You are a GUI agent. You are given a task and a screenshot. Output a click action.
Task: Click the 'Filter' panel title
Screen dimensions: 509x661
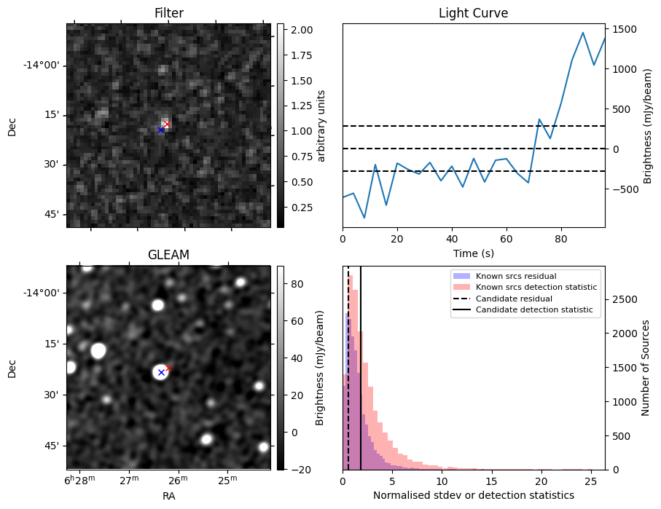[x=168, y=13]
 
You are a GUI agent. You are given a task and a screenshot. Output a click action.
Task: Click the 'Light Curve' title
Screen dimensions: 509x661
[x=473, y=13]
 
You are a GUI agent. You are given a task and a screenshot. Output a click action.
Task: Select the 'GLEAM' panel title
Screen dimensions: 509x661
[x=168, y=255]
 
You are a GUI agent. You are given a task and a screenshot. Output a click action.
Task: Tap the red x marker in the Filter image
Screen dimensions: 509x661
[x=167, y=124]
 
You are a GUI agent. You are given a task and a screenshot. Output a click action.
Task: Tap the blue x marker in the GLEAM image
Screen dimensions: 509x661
[x=161, y=372]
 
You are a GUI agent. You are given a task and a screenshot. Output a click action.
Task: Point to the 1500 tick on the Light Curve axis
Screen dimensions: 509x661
[x=627, y=29]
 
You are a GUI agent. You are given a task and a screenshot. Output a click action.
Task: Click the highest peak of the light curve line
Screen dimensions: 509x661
[x=583, y=33]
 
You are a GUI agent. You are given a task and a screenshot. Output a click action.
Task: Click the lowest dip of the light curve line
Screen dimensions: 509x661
[x=364, y=218]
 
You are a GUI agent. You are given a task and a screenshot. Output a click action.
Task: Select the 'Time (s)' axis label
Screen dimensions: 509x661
[x=473, y=252]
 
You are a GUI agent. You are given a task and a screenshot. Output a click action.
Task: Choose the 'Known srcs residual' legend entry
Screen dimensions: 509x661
[x=516, y=276]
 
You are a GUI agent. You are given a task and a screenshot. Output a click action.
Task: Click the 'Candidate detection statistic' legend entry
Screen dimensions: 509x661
[x=533, y=310]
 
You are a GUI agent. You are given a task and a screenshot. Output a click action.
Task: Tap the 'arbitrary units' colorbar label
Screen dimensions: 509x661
[x=321, y=125]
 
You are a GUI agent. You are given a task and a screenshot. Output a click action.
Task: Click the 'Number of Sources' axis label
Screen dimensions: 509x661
[x=645, y=367]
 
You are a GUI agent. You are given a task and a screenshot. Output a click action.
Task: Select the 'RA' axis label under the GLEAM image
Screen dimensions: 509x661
[x=168, y=496]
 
